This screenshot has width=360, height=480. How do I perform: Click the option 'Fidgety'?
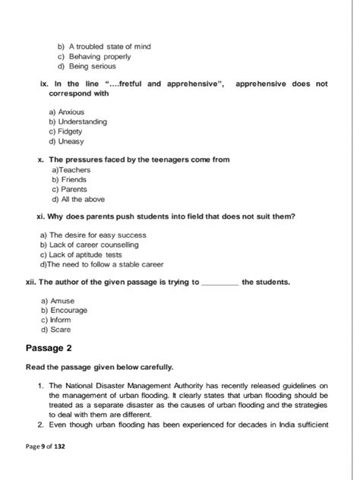click(x=70, y=131)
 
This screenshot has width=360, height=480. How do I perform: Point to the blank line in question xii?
click(x=220, y=283)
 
